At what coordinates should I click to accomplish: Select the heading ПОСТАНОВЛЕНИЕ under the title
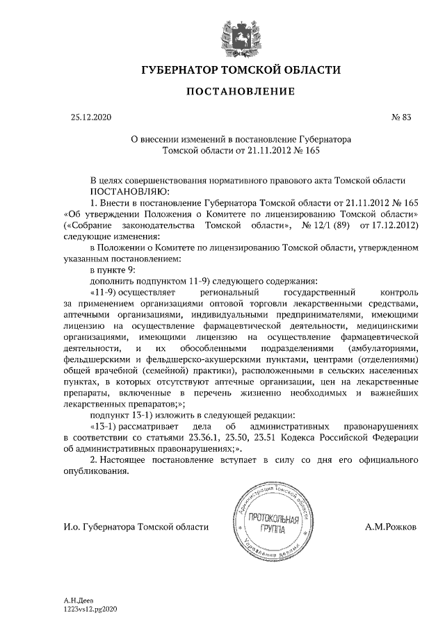click(x=241, y=92)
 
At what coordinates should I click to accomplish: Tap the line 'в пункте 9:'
click(x=112, y=270)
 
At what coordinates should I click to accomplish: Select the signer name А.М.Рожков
click(x=391, y=527)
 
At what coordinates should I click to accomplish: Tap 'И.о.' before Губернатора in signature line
click(x=72, y=527)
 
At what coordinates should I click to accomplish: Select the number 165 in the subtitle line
click(x=314, y=149)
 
